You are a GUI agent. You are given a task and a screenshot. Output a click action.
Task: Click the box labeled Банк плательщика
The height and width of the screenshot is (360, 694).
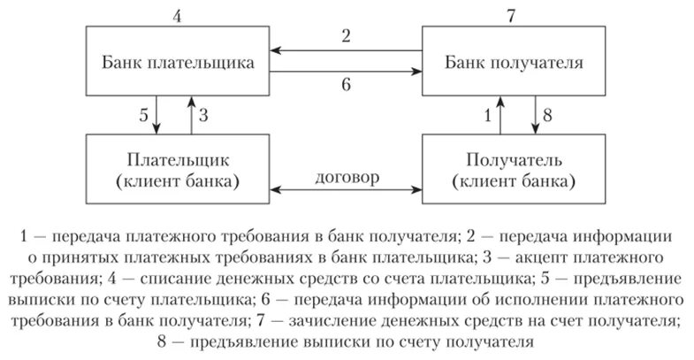(177, 63)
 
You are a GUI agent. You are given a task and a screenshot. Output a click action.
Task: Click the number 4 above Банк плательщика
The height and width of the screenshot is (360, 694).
(178, 14)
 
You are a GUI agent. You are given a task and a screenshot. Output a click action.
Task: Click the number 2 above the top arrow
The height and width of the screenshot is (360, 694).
(346, 36)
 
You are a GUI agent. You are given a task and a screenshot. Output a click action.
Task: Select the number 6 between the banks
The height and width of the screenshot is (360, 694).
(346, 86)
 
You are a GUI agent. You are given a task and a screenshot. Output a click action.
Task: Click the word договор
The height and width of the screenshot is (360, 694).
(346, 176)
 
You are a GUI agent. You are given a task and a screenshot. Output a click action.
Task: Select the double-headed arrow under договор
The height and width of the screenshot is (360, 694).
(346, 189)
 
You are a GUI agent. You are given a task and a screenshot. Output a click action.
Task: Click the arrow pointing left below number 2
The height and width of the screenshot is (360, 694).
(346, 51)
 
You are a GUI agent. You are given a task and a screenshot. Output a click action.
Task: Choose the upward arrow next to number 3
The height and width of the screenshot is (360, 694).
(188, 114)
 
